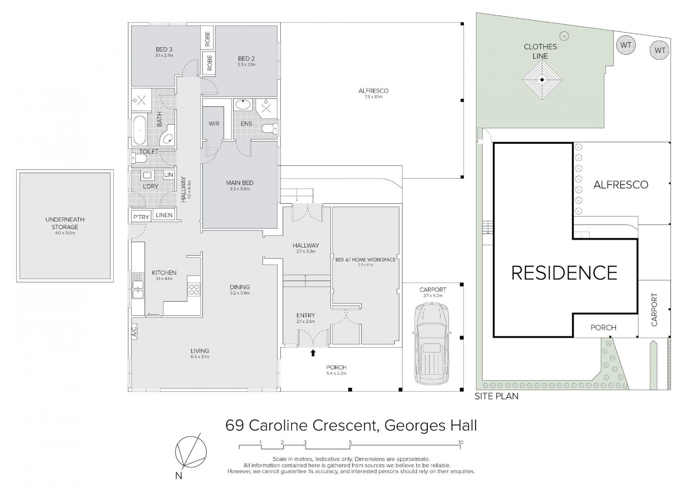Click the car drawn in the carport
[431, 344]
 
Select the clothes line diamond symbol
[542, 80]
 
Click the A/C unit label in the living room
[134, 331]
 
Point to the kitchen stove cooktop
[194, 289]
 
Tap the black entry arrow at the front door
[313, 353]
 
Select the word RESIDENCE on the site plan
[564, 273]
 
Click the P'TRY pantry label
[141, 217]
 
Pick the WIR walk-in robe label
[214, 124]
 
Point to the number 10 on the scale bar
[460, 443]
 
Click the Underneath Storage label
[65, 223]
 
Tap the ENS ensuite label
[246, 124]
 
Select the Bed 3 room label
[164, 49]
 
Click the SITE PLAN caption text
[496, 396]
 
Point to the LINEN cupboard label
[164, 215]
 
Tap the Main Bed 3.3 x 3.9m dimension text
[240, 189]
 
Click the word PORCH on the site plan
[603, 328]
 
